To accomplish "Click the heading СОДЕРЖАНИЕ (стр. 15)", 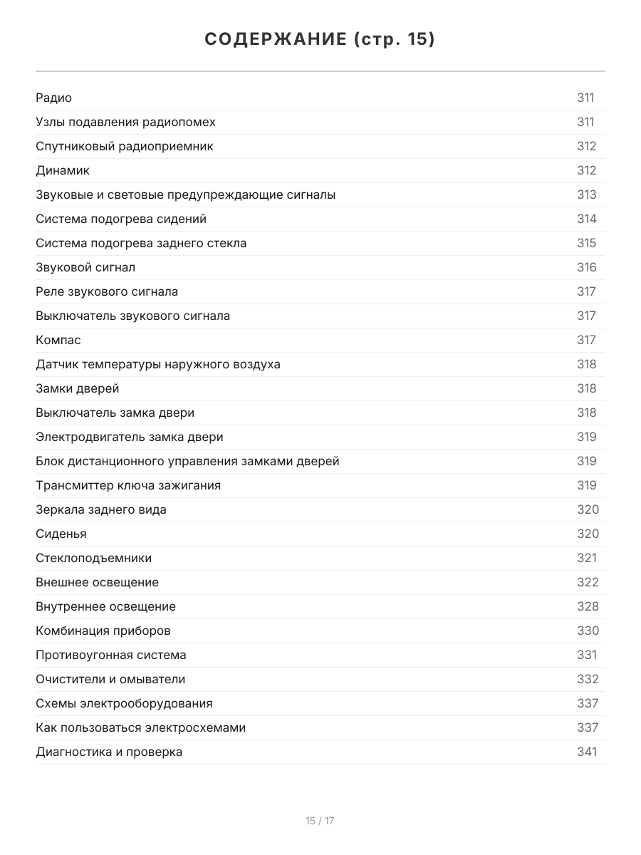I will pos(320,39).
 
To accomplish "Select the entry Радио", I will pos(54,98).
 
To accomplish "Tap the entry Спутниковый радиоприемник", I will pos(125,146).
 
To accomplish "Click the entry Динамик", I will pos(63,170).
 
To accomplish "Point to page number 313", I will pos(586,195).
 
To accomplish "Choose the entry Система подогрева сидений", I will pos(121,219).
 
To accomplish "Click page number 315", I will pos(586,243).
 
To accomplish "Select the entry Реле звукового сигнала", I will pos(107,291).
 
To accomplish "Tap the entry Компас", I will pos(58,340).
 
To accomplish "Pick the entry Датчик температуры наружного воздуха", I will pos(158,364).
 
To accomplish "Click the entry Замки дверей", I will pos(78,388).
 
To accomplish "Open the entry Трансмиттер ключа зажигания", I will pos(128,485).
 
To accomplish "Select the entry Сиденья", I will pos(61,534).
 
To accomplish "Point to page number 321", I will pos(586,558).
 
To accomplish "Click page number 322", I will pos(588,582).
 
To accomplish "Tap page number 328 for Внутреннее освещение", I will pos(588,606).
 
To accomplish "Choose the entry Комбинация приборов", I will pos(103,631).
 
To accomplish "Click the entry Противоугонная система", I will pos(111,655).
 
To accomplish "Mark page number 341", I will pos(586,752).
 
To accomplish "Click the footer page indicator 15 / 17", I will pos(320,821).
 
